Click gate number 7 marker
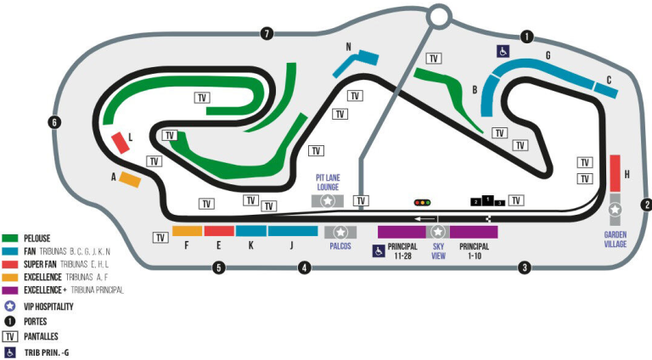click(x=267, y=34)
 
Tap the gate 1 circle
click(x=527, y=37)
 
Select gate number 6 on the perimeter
click(x=54, y=122)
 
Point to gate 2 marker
click(x=646, y=204)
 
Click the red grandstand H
click(x=615, y=173)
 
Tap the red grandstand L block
click(x=121, y=143)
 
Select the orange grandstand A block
click(x=129, y=179)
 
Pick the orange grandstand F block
click(x=187, y=231)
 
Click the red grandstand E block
click(x=219, y=231)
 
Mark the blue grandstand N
click(x=354, y=62)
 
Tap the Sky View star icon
click(x=438, y=232)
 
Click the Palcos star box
click(x=340, y=232)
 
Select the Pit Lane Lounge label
click(x=328, y=181)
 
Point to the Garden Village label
click(x=615, y=239)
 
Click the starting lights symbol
click(x=422, y=202)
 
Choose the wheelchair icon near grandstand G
click(x=503, y=52)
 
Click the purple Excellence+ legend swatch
click(x=11, y=290)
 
